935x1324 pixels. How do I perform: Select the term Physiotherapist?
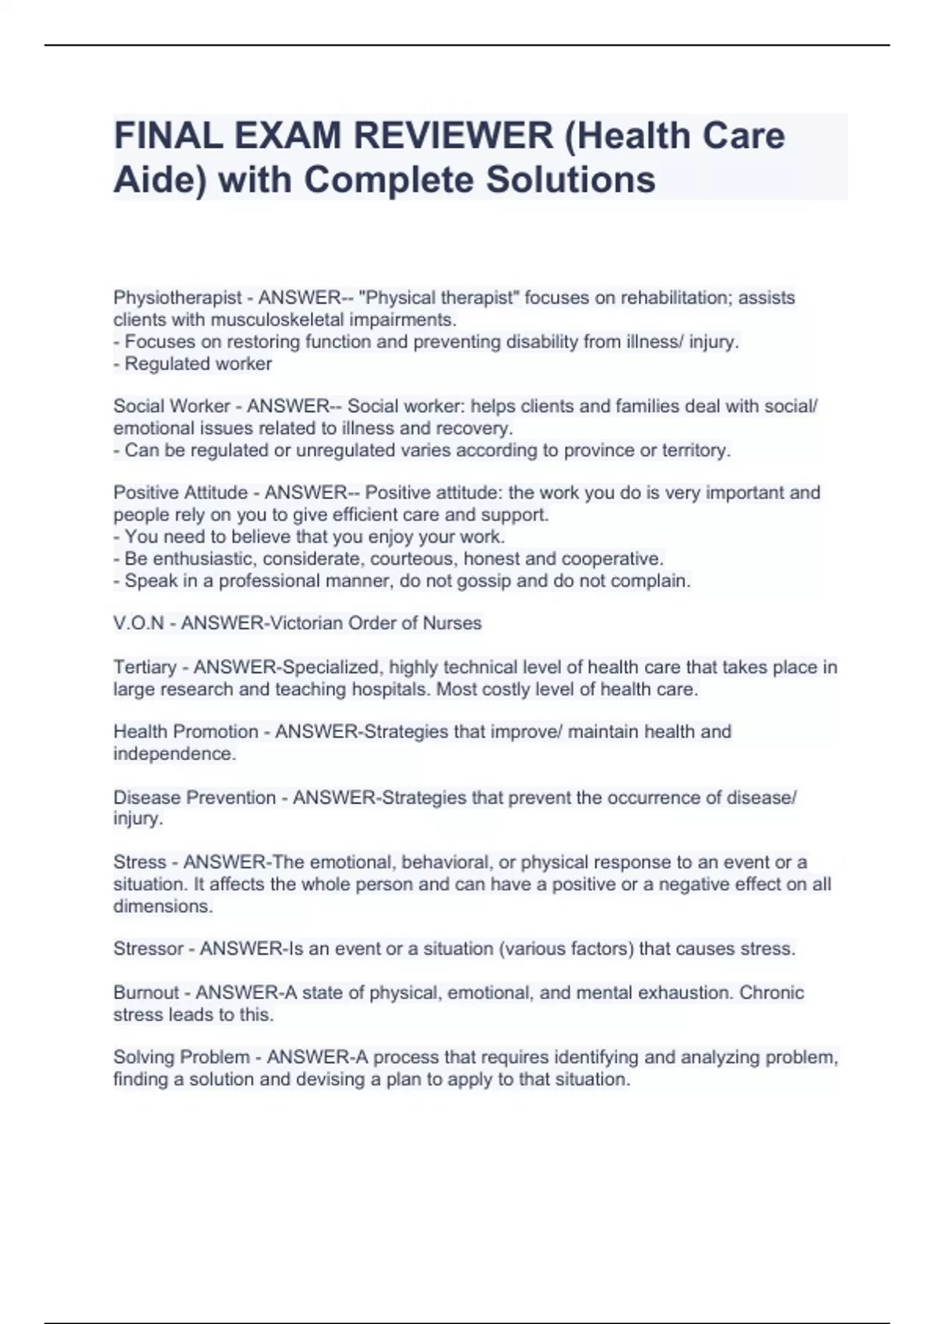click(x=178, y=298)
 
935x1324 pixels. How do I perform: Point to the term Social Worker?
click(x=171, y=406)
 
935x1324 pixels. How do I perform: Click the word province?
click(x=605, y=450)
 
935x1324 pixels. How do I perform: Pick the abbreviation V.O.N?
click(x=139, y=623)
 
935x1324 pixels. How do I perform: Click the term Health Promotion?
click(x=185, y=732)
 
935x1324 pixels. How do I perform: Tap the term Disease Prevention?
click(x=194, y=798)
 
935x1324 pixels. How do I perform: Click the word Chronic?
click(x=771, y=993)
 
